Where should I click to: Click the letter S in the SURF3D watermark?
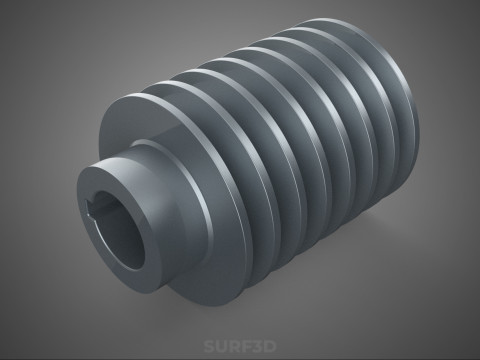210,346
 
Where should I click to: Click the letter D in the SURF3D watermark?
270,346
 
